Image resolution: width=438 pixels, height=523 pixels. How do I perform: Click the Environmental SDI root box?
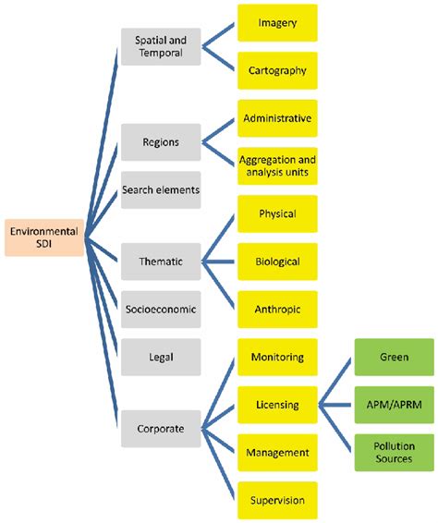coord(43,237)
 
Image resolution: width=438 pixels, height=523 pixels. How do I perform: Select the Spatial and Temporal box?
coord(160,47)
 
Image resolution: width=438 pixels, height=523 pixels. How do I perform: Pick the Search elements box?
coord(160,189)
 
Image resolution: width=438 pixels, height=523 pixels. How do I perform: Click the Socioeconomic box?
coord(160,310)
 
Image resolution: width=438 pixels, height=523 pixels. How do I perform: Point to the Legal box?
coord(160,355)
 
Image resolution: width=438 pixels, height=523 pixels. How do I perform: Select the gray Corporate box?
coord(160,429)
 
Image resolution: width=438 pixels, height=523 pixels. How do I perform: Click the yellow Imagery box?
coord(277,23)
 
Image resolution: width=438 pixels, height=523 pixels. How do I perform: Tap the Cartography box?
coord(277,70)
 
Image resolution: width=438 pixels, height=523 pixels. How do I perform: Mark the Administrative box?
coord(277,119)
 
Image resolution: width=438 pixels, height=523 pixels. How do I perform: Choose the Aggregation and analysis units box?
coord(277,166)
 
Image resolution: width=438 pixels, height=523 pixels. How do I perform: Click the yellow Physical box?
coord(277,214)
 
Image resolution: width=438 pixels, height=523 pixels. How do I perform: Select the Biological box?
coord(277,261)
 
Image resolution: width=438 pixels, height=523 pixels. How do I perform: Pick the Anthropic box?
coord(277,310)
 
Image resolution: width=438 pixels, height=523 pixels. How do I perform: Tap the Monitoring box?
coord(277,357)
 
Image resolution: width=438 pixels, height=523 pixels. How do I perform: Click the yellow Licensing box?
coord(277,405)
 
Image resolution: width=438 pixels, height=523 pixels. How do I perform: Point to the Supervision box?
coord(277,500)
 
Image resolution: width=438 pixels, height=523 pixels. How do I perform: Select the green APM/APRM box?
coord(395,405)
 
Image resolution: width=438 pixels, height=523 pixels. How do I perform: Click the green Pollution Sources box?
coord(395,452)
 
